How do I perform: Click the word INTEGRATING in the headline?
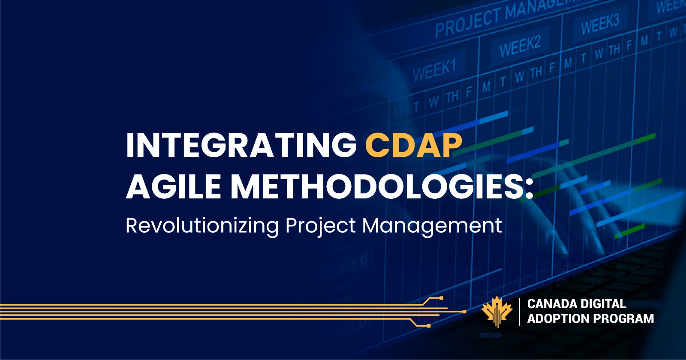241,146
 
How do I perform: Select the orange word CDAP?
413,146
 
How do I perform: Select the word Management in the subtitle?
432,226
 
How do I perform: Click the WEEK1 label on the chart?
434,69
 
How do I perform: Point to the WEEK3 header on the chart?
600,24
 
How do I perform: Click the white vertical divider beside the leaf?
520,312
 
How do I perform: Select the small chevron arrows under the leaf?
490,335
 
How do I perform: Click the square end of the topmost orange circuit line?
441,297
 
